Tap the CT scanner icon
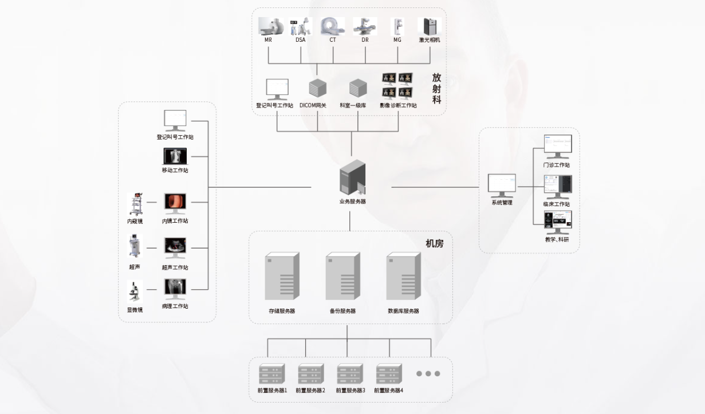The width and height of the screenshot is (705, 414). point(333,26)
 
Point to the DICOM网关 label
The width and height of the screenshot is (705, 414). point(313,105)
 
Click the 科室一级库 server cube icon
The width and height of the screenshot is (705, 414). point(357,88)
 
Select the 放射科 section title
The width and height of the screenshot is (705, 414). point(437,88)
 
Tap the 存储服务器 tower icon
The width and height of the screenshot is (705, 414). point(282,277)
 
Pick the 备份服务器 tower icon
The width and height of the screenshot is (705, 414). point(342,277)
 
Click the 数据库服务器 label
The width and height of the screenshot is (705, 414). point(403,311)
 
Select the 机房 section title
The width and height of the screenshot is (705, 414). point(434,243)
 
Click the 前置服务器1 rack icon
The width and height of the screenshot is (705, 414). point(271,374)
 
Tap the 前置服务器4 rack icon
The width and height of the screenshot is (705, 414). point(389,374)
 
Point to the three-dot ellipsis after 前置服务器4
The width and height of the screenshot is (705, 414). point(428,374)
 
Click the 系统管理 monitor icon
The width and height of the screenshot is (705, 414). point(502,185)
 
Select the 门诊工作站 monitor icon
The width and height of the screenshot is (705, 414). point(558,147)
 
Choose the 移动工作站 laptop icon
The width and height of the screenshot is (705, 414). point(175,156)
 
